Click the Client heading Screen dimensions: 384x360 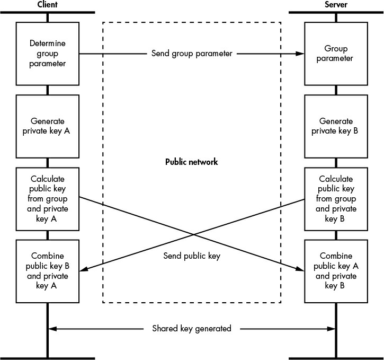[47, 4]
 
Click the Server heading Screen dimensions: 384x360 [336, 4]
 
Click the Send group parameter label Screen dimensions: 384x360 [192, 54]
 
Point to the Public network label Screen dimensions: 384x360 [192, 162]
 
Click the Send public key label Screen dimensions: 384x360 [192, 256]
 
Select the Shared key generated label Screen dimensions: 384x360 [192, 328]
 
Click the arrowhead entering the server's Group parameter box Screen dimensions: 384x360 [300, 54]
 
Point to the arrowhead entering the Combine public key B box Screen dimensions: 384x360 [84, 269]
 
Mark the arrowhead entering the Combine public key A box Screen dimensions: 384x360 [300, 269]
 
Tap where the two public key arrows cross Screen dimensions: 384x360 [194, 235]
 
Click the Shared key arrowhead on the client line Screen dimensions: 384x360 [52, 329]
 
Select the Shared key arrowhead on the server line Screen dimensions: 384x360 [331, 329]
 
